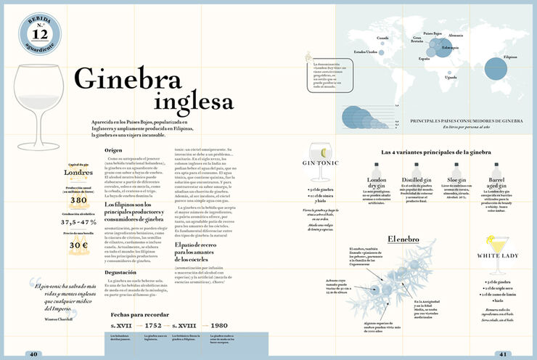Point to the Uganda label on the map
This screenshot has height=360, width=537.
coord(451,76)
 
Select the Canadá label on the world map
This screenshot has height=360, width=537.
coord(382,38)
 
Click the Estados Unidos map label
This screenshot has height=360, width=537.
coord(365,52)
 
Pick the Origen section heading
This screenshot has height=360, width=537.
coord(113,150)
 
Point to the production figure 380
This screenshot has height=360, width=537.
coord(78,200)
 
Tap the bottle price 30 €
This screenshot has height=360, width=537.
coord(78,245)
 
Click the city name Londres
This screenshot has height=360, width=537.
coord(78,173)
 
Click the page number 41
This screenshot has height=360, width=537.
coord(502,354)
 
